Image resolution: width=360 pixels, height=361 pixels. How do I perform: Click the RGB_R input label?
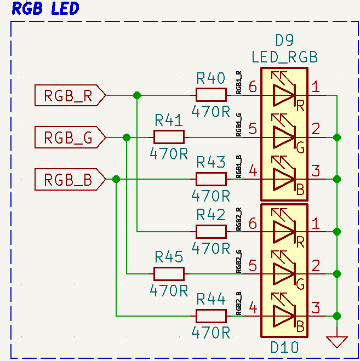(x=69, y=95)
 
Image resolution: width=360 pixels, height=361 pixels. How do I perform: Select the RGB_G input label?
(x=69, y=137)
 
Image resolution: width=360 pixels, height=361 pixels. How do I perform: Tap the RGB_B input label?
(x=69, y=180)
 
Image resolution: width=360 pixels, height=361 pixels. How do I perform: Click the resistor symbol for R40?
(x=211, y=95)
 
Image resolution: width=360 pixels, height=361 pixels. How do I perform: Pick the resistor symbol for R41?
(x=169, y=137)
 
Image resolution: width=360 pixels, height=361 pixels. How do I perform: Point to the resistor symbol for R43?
(x=211, y=179)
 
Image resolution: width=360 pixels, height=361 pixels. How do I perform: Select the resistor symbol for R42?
(x=211, y=232)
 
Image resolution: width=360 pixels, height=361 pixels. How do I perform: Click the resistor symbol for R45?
(x=169, y=274)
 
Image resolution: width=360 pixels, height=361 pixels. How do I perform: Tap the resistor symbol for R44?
(x=211, y=316)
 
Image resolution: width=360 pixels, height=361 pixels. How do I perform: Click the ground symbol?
(x=336, y=342)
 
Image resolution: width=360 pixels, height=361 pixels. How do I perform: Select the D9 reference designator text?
(x=284, y=41)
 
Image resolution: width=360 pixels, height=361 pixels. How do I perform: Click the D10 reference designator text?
(x=284, y=347)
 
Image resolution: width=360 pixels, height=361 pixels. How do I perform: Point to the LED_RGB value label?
(x=284, y=57)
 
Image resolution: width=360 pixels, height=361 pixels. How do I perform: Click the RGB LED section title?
(x=45, y=9)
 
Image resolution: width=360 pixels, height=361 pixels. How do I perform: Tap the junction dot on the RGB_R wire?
(x=137, y=95)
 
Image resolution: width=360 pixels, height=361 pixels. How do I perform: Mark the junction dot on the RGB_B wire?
(x=116, y=179)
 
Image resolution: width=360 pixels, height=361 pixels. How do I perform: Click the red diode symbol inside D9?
(x=284, y=95)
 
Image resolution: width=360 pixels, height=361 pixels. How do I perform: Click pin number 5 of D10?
(x=253, y=266)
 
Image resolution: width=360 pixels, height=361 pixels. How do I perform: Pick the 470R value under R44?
(x=211, y=332)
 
